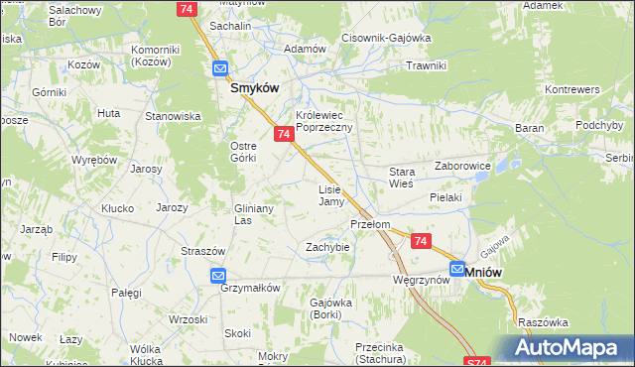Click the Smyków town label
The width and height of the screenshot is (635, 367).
tap(254, 87)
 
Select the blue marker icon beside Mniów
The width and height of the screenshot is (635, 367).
tap(457, 268)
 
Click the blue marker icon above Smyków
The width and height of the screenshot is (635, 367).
tap(219, 69)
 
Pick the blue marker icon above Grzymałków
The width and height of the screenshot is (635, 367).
tap(219, 276)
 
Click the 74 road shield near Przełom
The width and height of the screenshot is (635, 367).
tap(421, 241)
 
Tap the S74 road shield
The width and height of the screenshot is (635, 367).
tap(476, 363)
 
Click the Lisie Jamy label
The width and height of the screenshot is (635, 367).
tap(330, 195)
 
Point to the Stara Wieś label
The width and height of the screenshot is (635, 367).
tap(401, 178)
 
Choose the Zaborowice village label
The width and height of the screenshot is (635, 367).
tap(463, 166)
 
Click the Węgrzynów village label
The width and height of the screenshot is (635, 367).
tap(422, 280)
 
